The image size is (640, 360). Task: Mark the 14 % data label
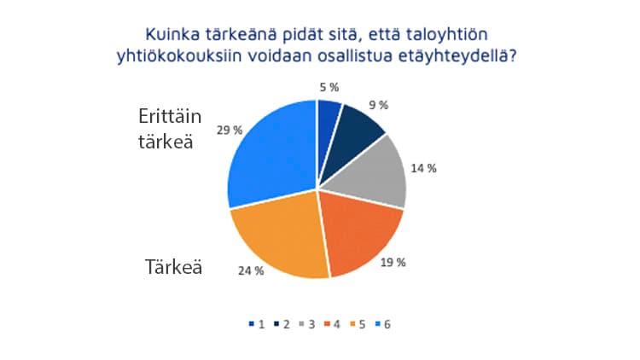coord(424,168)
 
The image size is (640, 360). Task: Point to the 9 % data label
coord(377,105)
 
